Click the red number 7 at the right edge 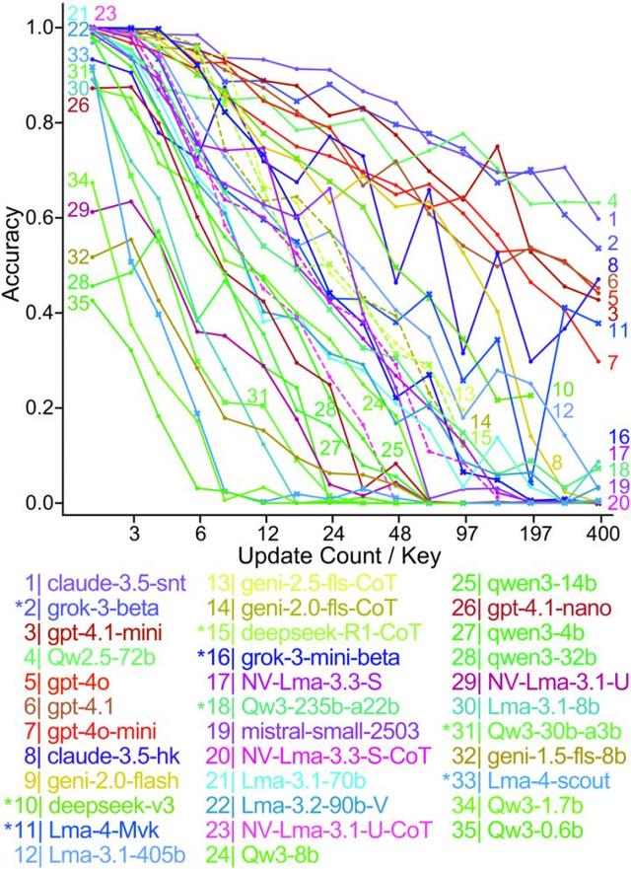pyautogui.click(x=612, y=363)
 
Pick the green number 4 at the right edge pyautogui.click(x=612, y=200)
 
